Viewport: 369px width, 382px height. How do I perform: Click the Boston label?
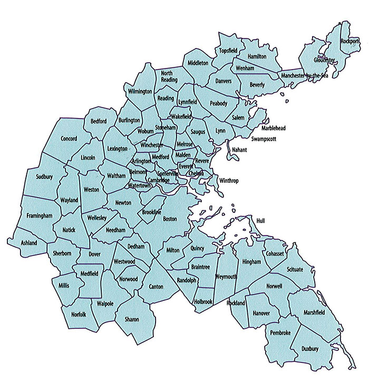(170, 219)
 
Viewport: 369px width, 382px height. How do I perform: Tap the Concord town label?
(69, 139)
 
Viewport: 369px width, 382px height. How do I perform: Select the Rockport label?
(349, 41)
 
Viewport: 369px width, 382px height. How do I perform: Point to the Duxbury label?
(310, 349)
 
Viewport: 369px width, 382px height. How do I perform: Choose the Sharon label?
(132, 319)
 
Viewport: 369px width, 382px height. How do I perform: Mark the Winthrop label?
(229, 181)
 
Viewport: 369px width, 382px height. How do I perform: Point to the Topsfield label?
(229, 51)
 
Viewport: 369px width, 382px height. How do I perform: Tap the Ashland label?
(29, 243)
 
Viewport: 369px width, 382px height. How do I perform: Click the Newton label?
(124, 202)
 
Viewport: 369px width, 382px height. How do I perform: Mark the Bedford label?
(99, 121)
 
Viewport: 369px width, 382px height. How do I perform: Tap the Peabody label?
(218, 103)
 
